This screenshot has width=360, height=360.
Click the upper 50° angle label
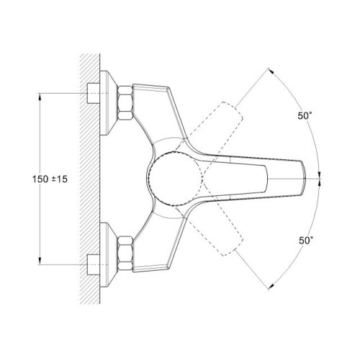coord(305,116)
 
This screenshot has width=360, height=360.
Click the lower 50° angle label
coord(306,240)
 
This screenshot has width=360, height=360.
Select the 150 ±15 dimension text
coord(50,179)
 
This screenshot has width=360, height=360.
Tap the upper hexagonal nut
coord(125,102)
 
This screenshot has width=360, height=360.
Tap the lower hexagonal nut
coord(125,254)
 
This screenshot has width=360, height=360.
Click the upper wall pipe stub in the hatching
coord(93,93)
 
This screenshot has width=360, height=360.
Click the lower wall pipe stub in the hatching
coord(93,264)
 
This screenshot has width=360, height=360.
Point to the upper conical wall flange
coord(108,103)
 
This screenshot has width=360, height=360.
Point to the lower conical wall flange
coord(108,255)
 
